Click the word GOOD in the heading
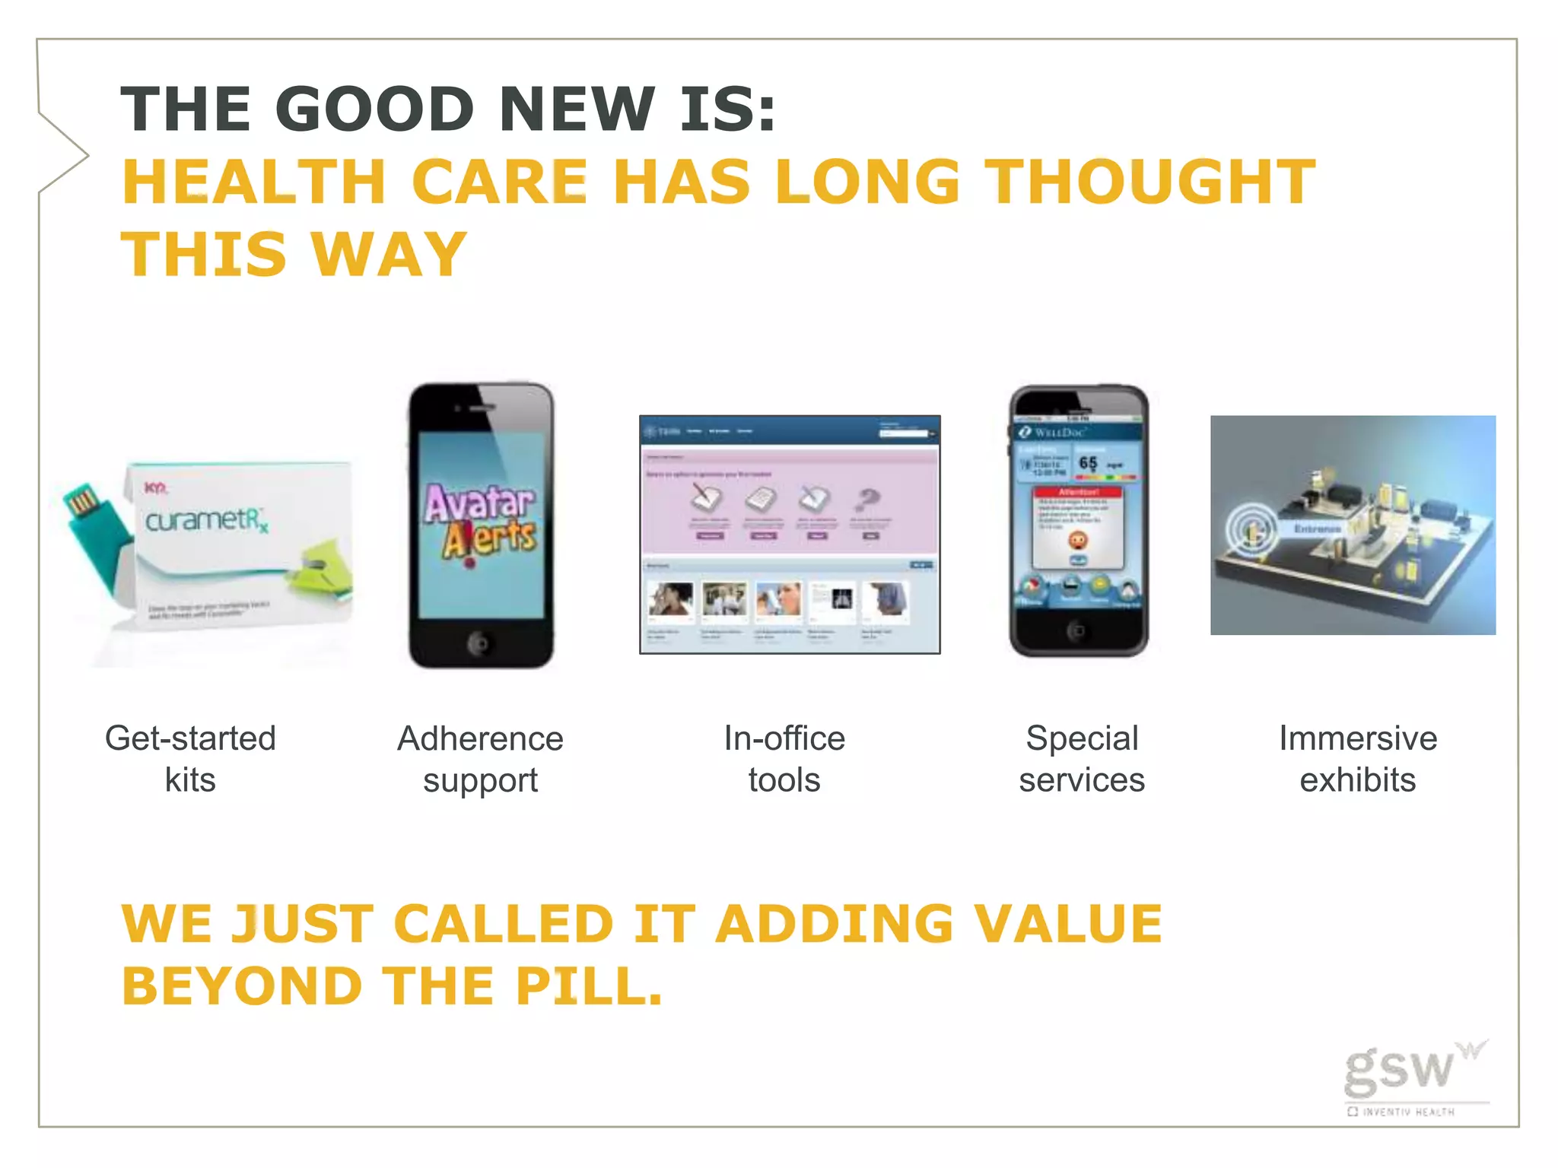tap(380, 109)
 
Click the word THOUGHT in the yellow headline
tap(1150, 182)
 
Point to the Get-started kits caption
tap(190, 759)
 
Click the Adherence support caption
tap(480, 759)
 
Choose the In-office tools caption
tap(784, 759)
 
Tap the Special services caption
tap(1081, 759)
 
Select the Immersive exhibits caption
tap(1357, 759)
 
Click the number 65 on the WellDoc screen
tap(1088, 462)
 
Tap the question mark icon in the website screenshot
tap(868, 500)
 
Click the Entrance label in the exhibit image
tap(1317, 528)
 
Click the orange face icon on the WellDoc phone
tap(1077, 541)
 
